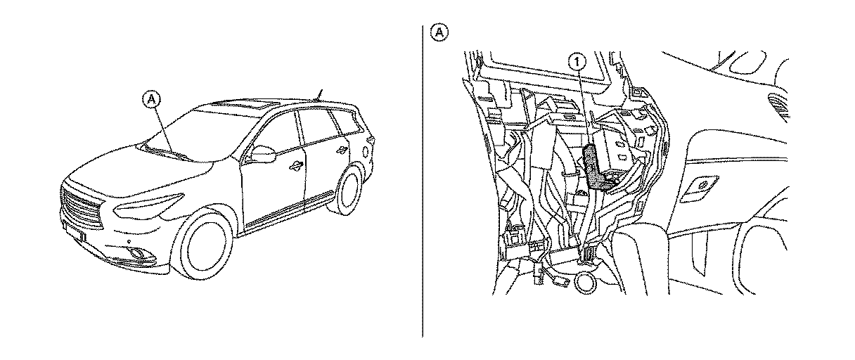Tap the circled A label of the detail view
[438, 32]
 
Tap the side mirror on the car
[262, 154]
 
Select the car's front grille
[82, 207]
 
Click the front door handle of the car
[294, 166]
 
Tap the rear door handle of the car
[342, 148]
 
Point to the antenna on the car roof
[320, 94]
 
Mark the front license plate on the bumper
[72, 231]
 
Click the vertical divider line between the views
[423, 183]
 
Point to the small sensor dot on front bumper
[129, 241]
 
